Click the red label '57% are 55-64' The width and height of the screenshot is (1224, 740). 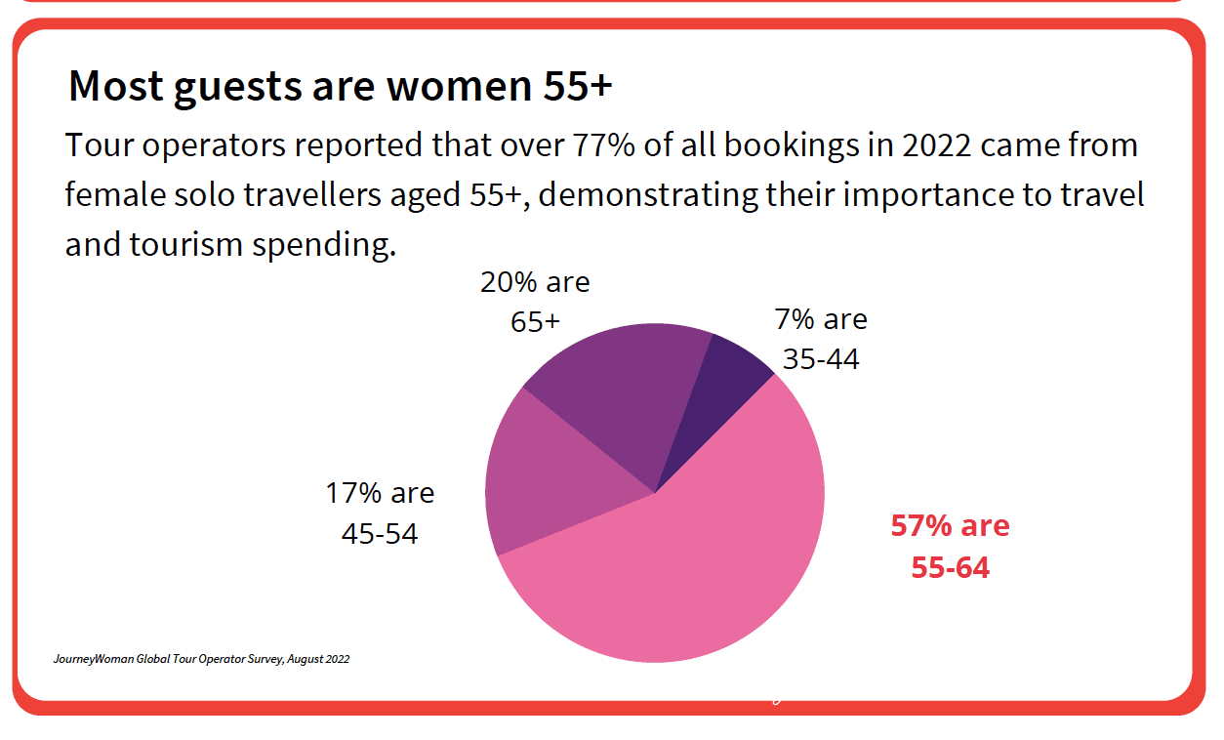click(950, 546)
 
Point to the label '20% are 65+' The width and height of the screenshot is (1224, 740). click(535, 302)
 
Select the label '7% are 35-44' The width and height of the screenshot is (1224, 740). click(821, 339)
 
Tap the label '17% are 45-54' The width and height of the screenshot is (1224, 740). click(380, 513)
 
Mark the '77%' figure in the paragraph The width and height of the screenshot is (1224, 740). click(611, 145)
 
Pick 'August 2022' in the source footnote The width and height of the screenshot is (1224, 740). click(318, 659)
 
